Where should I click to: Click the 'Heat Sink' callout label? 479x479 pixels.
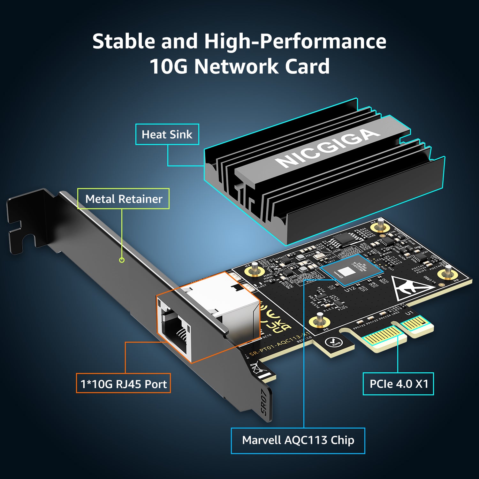click(x=167, y=134)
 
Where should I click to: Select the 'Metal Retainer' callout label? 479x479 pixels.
click(x=124, y=199)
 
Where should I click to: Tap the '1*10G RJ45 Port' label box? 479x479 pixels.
click(x=123, y=384)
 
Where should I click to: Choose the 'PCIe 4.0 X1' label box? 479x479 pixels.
click(x=398, y=384)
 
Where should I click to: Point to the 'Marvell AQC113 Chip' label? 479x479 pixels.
click(x=298, y=440)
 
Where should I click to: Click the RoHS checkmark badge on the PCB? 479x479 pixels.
click(x=335, y=342)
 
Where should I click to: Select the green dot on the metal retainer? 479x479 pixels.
click(x=122, y=260)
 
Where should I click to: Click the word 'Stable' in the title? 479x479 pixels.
click(x=124, y=42)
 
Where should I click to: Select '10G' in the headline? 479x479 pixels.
click(x=168, y=66)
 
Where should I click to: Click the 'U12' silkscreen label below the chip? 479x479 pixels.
click(x=350, y=289)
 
